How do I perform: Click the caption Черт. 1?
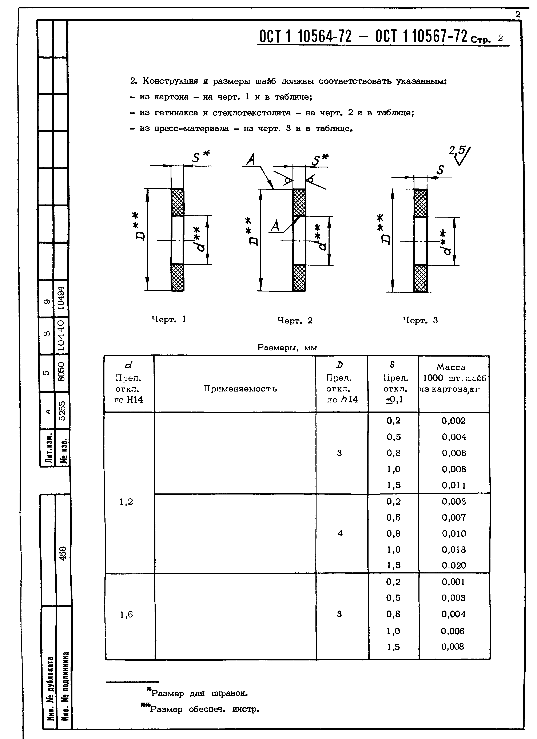[169, 319]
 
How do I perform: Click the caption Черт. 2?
[295, 321]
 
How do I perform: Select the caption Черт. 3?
[420, 320]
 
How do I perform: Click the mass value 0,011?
[454, 485]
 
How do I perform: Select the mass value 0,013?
[454, 549]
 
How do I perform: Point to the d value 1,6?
[126, 615]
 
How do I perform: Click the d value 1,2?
[126, 502]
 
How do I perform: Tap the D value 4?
[340, 533]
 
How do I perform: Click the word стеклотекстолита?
[252, 113]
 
